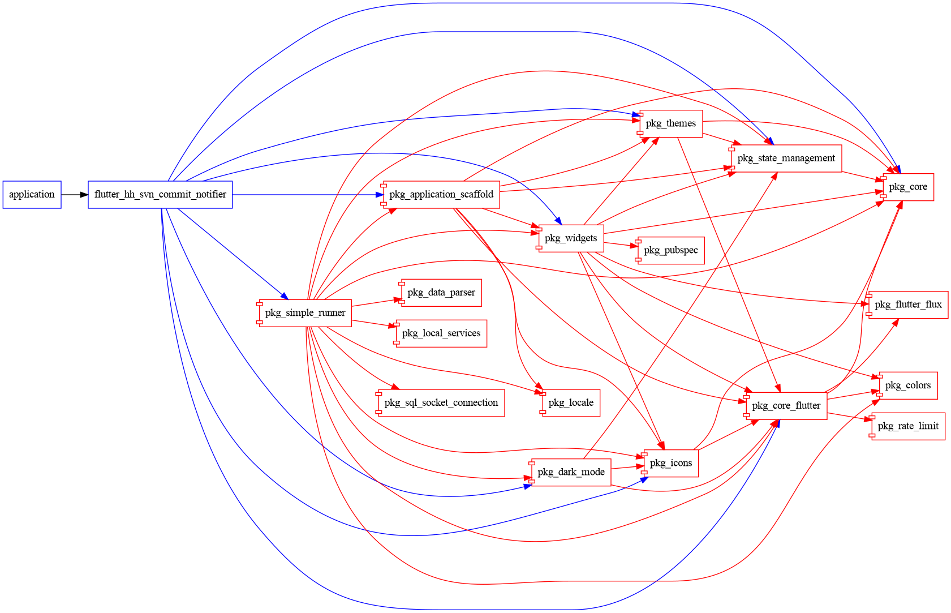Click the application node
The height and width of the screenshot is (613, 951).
pyautogui.click(x=32, y=195)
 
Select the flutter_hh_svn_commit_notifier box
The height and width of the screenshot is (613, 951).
pyautogui.click(x=160, y=195)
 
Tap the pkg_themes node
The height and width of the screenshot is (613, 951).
pyautogui.click(x=671, y=123)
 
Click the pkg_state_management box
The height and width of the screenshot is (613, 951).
pyautogui.click(x=786, y=158)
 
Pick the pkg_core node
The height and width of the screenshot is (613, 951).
pyautogui.click(x=908, y=187)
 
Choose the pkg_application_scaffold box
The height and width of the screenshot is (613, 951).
pyautogui.click(x=441, y=195)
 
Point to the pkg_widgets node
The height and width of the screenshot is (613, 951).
pyautogui.click(x=571, y=238)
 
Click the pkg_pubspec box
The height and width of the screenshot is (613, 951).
pyautogui.click(x=671, y=250)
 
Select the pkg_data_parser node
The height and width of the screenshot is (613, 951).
pyautogui.click(x=441, y=293)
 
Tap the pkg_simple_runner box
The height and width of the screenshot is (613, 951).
pyautogui.click(x=305, y=313)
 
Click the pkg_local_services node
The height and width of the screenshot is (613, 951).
pyautogui.click(x=441, y=333)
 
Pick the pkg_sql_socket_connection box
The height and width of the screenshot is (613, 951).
pyautogui.click(x=441, y=403)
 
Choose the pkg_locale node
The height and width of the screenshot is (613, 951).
pyautogui.click(x=571, y=403)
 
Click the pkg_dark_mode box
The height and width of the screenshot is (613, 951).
pyautogui.click(x=571, y=472)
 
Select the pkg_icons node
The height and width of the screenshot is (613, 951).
pyautogui.click(x=671, y=463)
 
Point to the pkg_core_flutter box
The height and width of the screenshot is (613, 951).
pyautogui.click(x=786, y=406)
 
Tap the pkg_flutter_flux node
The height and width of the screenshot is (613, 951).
pyautogui.click(x=908, y=305)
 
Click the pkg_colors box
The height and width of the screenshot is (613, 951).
pyautogui.click(x=908, y=385)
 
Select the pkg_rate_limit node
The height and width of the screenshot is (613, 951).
pyautogui.click(x=908, y=426)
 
